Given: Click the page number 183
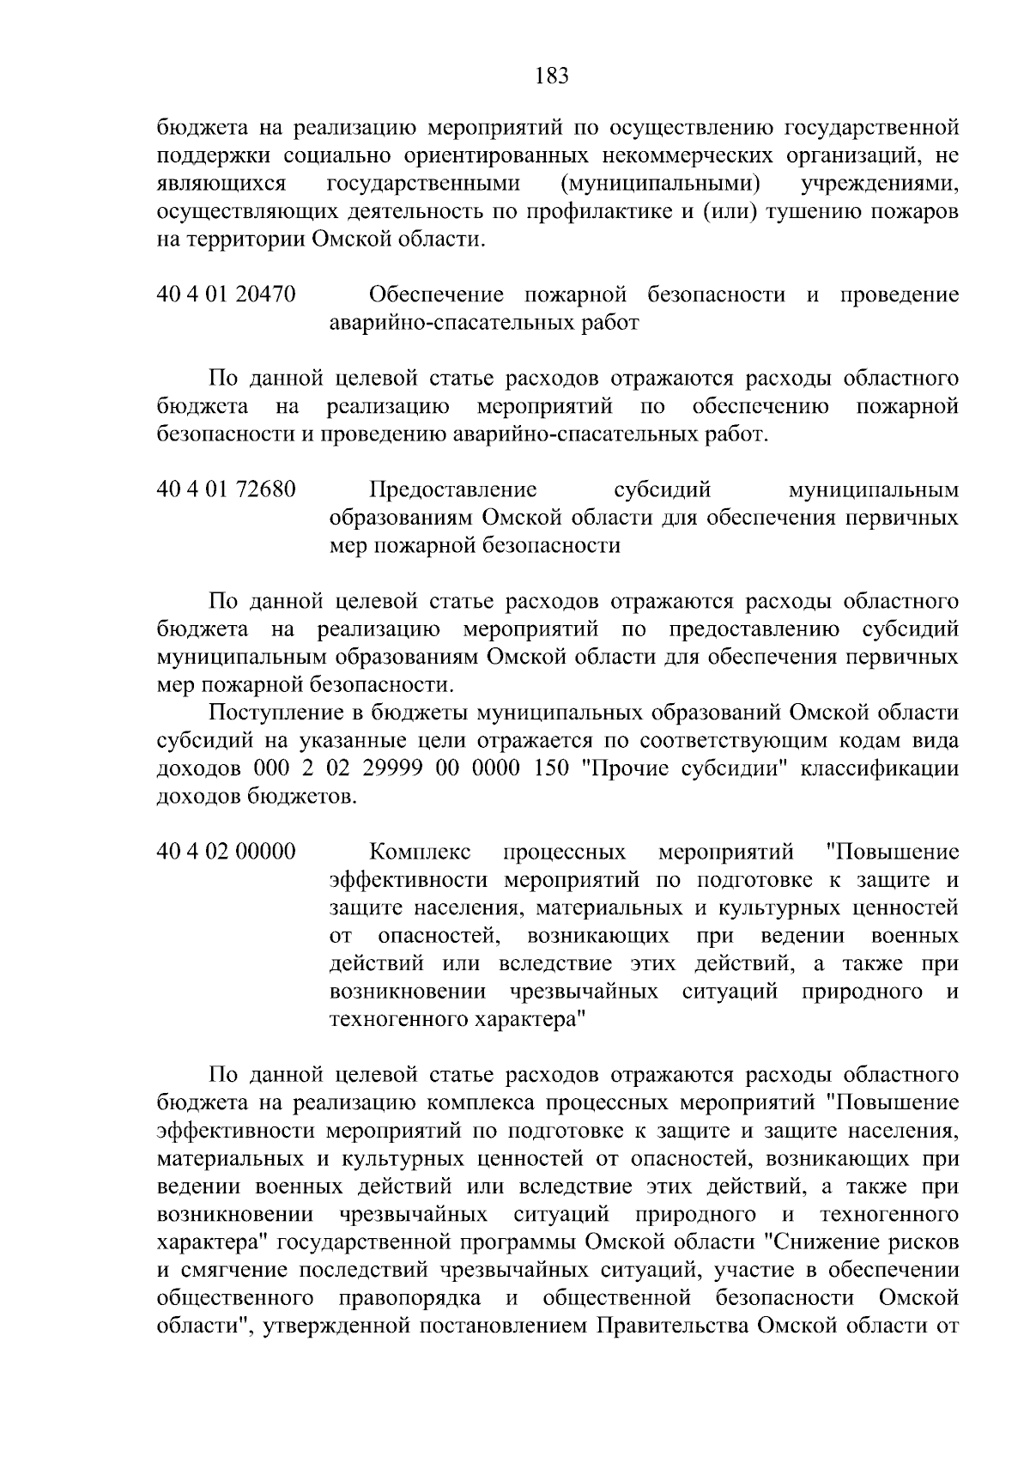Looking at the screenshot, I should pyautogui.click(x=551, y=76).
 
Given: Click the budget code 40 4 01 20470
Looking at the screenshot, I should pyautogui.click(x=227, y=295).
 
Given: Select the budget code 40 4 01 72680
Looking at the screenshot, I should pyautogui.click(x=227, y=490).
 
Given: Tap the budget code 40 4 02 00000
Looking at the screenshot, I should pyautogui.click(x=227, y=853).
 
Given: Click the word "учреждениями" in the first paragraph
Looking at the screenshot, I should pyautogui.click(x=879, y=184).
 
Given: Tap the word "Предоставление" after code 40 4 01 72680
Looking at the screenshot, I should pyautogui.click(x=452, y=490).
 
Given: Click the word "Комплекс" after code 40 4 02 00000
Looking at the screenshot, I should pyautogui.click(x=420, y=853).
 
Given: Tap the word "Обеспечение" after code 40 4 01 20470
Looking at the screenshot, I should pyautogui.click(x=437, y=295).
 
